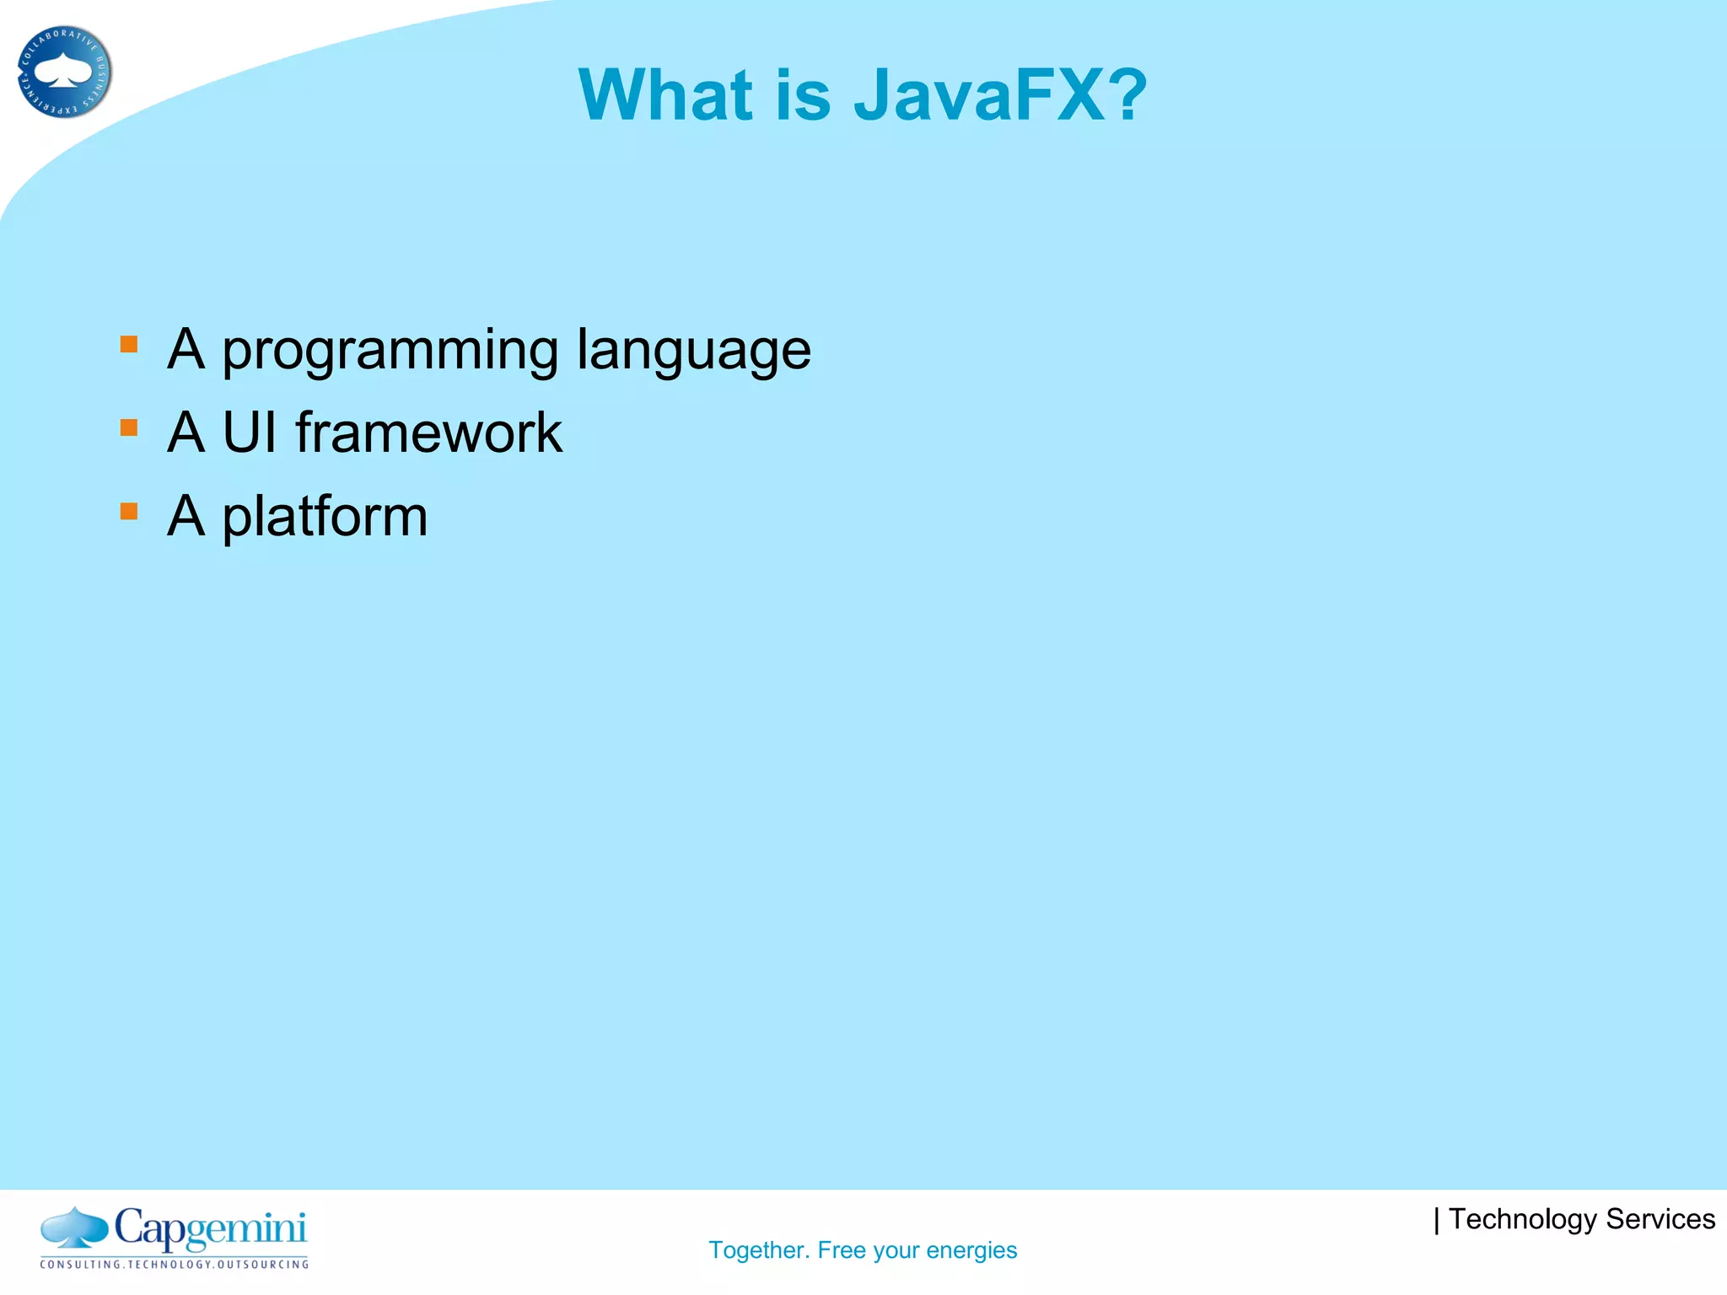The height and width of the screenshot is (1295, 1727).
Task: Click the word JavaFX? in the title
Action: point(1000,95)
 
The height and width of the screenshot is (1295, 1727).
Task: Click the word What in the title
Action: point(665,95)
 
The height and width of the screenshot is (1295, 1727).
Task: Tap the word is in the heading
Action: point(803,95)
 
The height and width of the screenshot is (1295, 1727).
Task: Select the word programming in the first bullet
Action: point(390,351)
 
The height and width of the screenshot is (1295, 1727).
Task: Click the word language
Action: point(693,351)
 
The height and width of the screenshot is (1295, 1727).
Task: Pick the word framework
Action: point(428,433)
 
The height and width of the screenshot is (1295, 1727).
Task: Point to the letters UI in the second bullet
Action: point(249,433)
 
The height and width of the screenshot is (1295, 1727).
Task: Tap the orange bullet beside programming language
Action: point(129,344)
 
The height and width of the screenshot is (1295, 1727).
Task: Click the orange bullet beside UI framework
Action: point(129,427)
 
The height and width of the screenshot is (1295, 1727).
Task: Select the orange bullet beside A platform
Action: point(129,511)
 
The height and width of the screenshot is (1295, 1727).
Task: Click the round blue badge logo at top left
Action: point(64,72)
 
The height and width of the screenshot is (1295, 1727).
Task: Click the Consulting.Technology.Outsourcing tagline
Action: point(175,1265)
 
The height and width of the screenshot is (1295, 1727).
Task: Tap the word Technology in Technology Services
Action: point(1522,1220)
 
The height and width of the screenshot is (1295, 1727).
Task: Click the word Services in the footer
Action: point(1660,1219)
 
